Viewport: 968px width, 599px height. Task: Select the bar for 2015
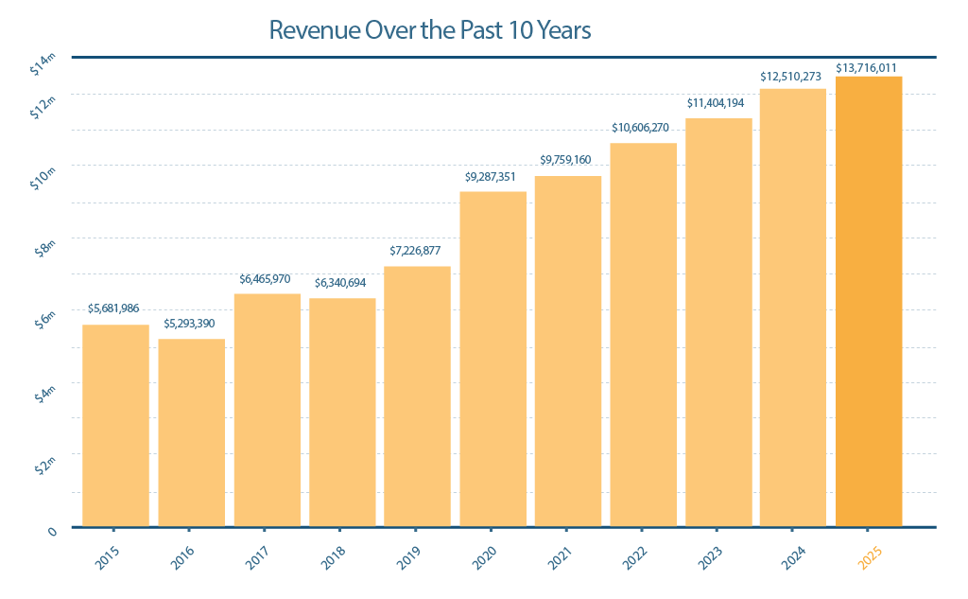coord(115,425)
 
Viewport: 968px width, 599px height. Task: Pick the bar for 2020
coord(493,359)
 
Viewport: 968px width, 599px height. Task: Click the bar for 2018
coord(342,412)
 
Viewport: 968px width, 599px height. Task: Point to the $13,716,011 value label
coord(867,68)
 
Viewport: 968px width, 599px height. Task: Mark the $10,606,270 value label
coord(644,127)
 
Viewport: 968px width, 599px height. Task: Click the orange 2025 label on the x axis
coord(868,557)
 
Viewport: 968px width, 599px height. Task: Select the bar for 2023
coord(718,322)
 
